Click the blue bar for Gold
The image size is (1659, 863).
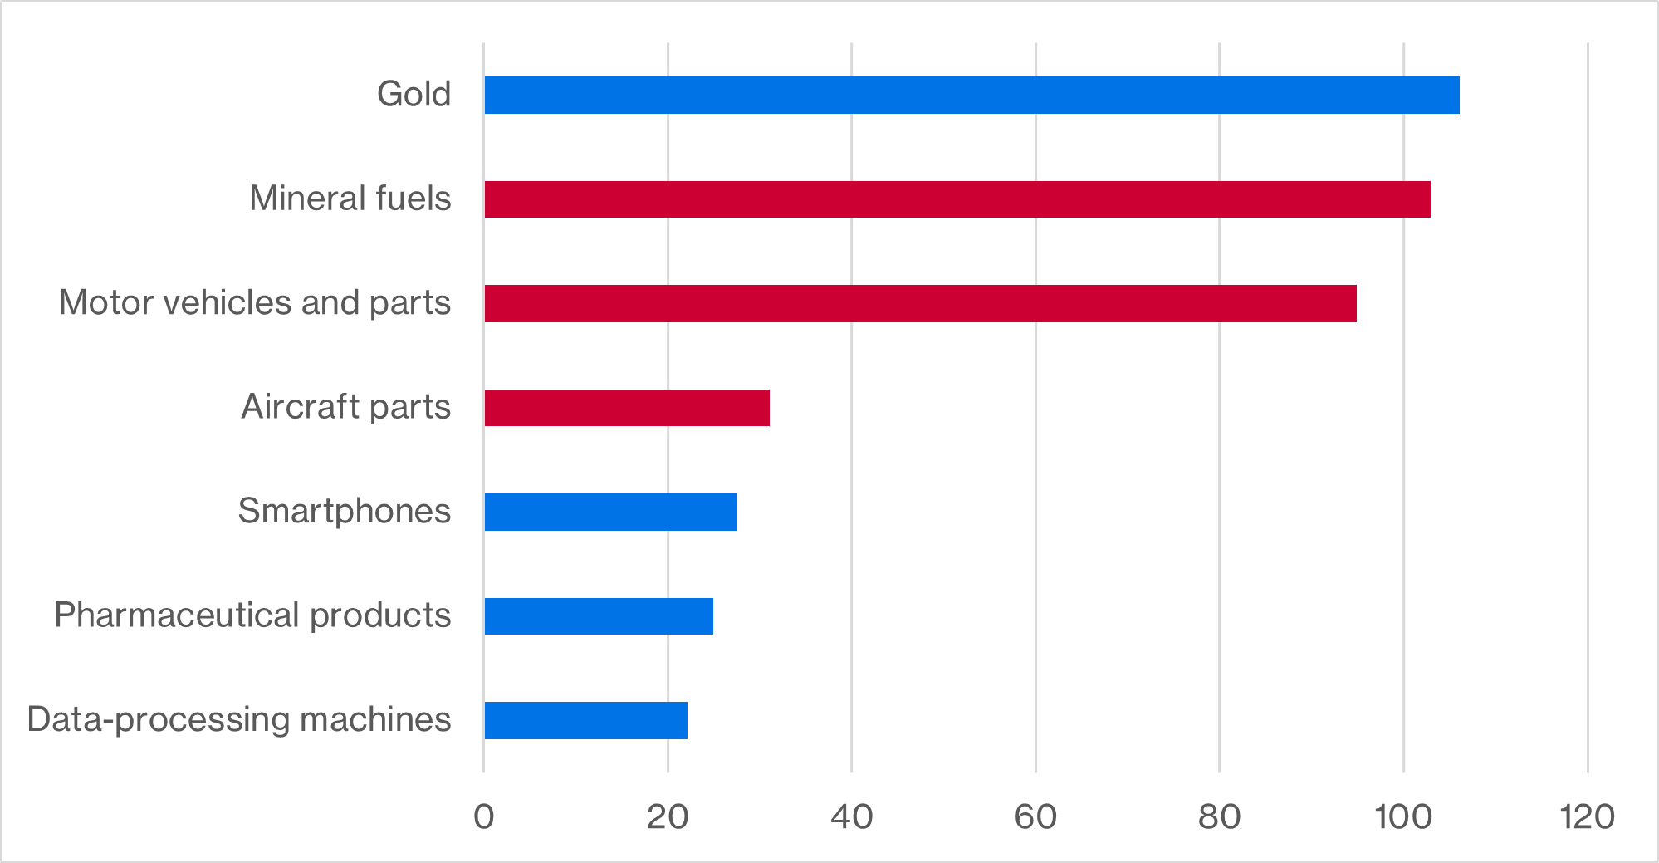pyautogui.click(x=971, y=95)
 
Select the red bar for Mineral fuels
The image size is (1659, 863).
pyautogui.click(x=957, y=199)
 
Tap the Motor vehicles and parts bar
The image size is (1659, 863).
pyautogui.click(x=920, y=303)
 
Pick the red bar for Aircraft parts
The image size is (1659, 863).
pyautogui.click(x=627, y=407)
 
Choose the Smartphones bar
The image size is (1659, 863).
pyautogui.click(x=610, y=512)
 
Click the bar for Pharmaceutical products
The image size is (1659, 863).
pyautogui.click(x=599, y=615)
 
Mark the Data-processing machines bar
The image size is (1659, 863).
pyautogui.click(x=585, y=720)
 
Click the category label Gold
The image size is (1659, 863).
pyautogui.click(x=414, y=94)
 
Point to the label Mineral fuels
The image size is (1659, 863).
pyautogui.click(x=350, y=199)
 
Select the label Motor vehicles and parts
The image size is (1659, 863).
pyautogui.click(x=254, y=302)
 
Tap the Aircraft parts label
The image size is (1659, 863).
pyautogui.click(x=345, y=407)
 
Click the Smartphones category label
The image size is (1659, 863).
pyautogui.click(x=344, y=511)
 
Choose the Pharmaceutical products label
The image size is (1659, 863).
pyautogui.click(x=252, y=615)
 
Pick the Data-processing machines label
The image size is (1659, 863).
pyautogui.click(x=239, y=719)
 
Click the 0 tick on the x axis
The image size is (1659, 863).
pyautogui.click(x=483, y=817)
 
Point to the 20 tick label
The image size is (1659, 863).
pyautogui.click(x=668, y=817)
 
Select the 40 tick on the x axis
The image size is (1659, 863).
pyautogui.click(x=851, y=817)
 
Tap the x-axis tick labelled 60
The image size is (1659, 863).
pyautogui.click(x=1035, y=817)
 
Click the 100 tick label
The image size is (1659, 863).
pyautogui.click(x=1403, y=817)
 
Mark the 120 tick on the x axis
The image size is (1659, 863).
pyautogui.click(x=1587, y=817)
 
